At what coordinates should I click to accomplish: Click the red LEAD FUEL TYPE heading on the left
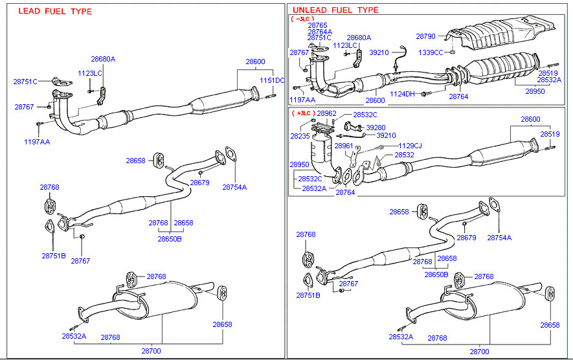coord(55,12)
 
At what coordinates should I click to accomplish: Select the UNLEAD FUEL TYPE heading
coord(335,10)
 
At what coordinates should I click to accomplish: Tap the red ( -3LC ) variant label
coord(302,19)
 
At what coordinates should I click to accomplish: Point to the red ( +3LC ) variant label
coord(303,113)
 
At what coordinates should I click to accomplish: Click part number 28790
coord(426,37)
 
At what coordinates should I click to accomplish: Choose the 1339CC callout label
coord(431,52)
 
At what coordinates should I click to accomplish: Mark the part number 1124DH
coord(402,94)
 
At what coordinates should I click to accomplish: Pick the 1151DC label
coord(273,80)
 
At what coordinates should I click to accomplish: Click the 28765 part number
coord(318,25)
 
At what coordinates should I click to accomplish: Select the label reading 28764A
coord(320,32)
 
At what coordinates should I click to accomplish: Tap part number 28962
coord(327,113)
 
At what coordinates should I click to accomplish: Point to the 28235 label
coord(300,137)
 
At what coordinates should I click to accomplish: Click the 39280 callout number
coord(376,128)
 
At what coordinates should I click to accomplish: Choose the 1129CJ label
coord(409,146)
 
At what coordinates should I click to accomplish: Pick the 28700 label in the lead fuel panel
coord(151,350)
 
